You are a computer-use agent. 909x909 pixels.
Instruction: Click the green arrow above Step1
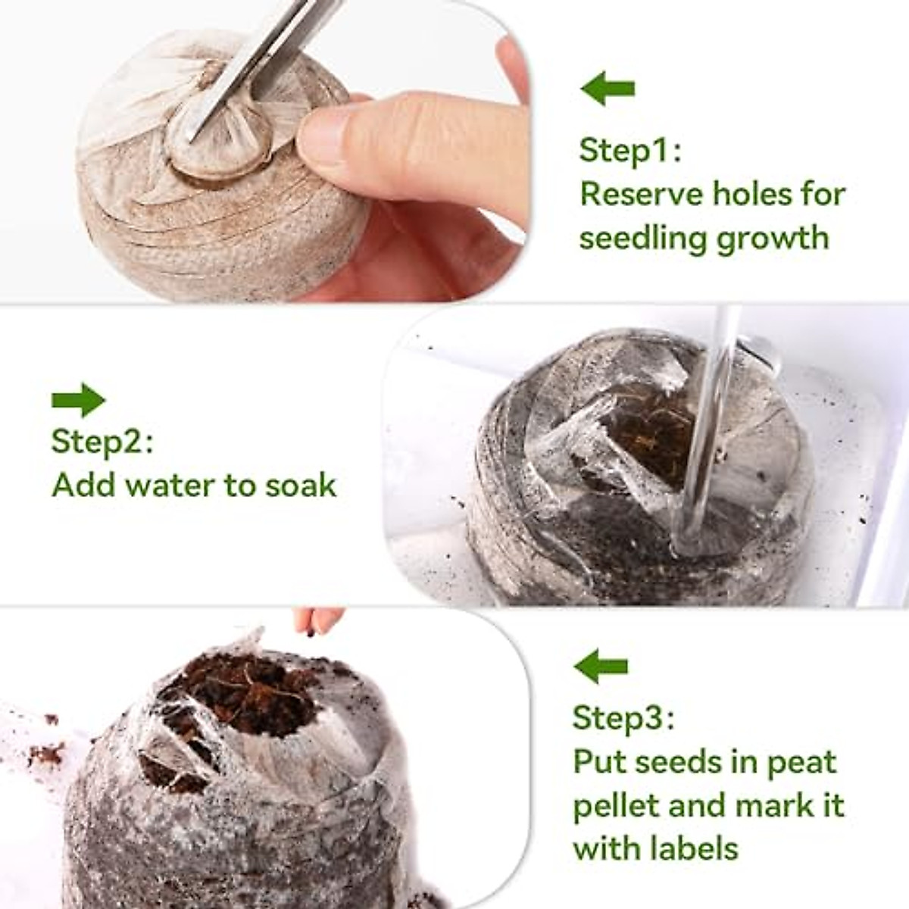click(608, 89)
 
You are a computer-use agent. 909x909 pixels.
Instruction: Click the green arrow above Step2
click(78, 400)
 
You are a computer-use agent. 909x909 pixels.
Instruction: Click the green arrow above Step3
click(601, 667)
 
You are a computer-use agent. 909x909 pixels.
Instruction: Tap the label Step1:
click(629, 150)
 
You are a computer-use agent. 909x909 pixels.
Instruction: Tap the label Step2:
click(102, 442)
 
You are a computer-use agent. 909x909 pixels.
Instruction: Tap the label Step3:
click(623, 717)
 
